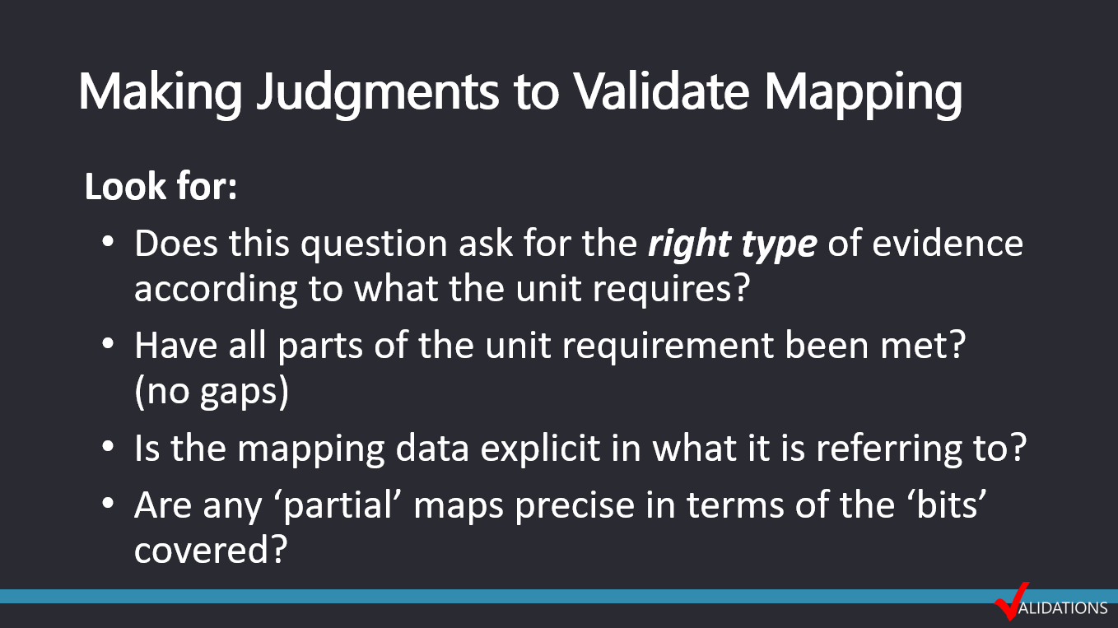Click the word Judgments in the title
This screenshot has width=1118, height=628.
tap(377, 93)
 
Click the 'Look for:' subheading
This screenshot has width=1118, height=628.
tap(161, 187)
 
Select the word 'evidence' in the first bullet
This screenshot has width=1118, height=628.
tap(948, 244)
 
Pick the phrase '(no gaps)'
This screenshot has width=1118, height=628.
tap(212, 392)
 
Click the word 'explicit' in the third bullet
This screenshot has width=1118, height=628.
tap(540, 449)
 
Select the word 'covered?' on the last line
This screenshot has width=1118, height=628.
tap(211, 549)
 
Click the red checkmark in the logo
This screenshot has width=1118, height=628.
tap(1011, 601)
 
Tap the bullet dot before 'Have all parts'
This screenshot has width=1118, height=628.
tap(108, 344)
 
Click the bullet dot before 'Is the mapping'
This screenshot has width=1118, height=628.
tap(108, 446)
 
